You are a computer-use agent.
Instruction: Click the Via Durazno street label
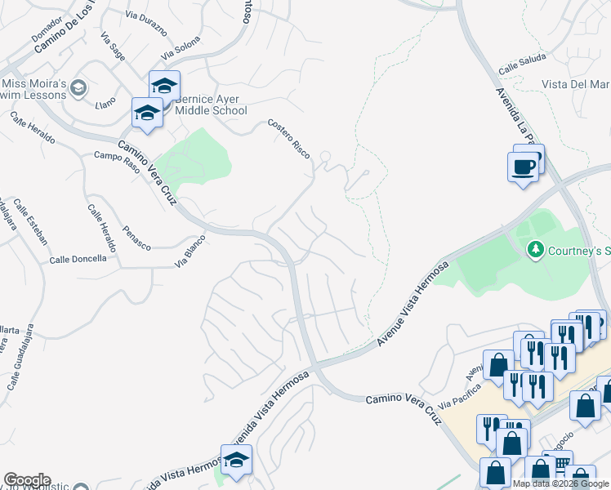point(146,23)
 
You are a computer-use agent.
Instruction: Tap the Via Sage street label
point(113,47)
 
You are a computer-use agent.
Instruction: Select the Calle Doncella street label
point(78,259)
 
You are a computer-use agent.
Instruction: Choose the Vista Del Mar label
point(576,84)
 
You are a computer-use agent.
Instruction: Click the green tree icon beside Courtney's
point(536,247)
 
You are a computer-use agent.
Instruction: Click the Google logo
point(27,479)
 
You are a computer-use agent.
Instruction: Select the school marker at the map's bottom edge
point(236,460)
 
